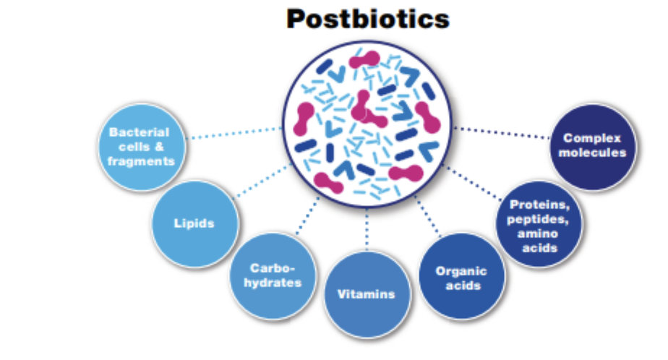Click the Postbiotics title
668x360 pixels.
click(368, 20)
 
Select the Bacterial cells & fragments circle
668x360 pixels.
click(142, 147)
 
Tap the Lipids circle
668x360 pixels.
click(195, 224)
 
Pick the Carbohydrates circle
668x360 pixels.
click(273, 276)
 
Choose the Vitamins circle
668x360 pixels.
click(367, 295)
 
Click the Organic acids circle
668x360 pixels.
click(462, 276)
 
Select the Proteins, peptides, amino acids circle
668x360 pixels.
click(539, 224)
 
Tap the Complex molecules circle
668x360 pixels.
click(593, 147)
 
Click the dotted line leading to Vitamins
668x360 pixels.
click(367, 229)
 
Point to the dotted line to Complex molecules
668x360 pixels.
click(502, 132)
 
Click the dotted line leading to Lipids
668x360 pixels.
click(264, 180)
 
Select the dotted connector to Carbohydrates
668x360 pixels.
click(307, 215)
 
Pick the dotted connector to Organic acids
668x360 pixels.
click(428, 216)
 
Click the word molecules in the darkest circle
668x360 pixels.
click(593, 153)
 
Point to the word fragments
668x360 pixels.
click(141, 161)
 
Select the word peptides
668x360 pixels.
click(538, 219)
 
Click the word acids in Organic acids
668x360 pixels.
click(463, 286)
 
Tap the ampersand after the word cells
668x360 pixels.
click(159, 147)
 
